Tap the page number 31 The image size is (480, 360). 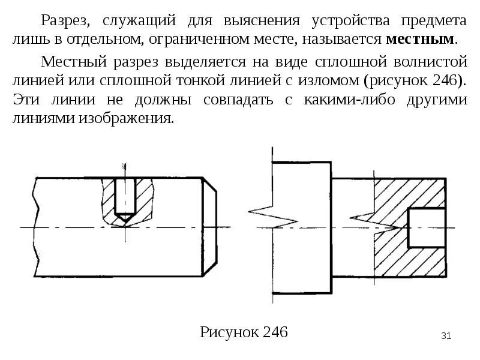446,335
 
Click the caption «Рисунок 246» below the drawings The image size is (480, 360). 244,332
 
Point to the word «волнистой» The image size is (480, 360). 428,61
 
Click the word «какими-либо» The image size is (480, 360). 342,100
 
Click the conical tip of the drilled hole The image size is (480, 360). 124,218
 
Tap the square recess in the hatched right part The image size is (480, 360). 426,228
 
